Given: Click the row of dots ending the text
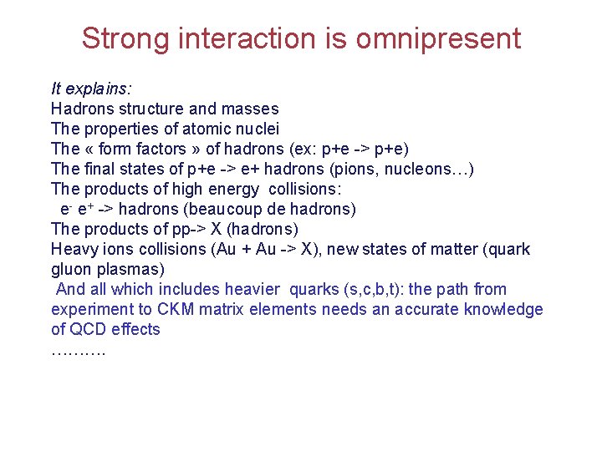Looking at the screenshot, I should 78,351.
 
